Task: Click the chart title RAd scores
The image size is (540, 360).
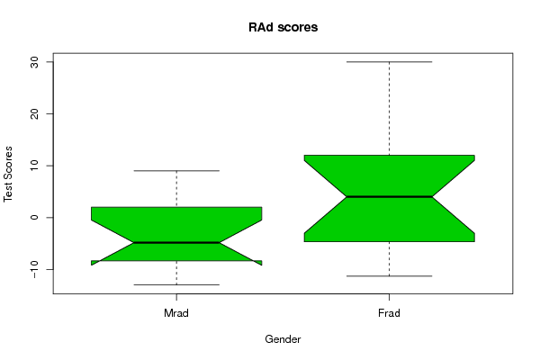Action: point(283,27)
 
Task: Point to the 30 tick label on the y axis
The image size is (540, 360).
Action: point(34,62)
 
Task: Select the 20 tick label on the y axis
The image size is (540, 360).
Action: point(34,114)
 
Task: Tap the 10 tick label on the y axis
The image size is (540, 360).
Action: point(34,166)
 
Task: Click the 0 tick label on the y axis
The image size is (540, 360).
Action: point(34,218)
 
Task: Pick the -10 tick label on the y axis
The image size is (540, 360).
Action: point(34,269)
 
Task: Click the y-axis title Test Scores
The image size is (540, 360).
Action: point(8,174)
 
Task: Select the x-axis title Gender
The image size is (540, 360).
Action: point(283,339)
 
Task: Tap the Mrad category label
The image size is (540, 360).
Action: point(176,313)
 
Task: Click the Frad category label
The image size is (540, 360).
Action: point(389,313)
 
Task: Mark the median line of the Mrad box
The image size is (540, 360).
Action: point(176,242)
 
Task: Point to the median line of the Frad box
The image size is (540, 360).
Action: point(389,197)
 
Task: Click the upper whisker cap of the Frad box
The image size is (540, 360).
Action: point(389,62)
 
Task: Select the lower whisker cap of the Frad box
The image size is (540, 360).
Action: point(389,276)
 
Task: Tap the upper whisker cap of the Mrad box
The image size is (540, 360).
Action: point(176,170)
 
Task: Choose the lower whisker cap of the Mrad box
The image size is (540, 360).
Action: point(176,285)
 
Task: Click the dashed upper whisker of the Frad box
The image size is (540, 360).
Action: point(390,109)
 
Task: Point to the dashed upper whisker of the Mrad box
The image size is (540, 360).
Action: point(176,189)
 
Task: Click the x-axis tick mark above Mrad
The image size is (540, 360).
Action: point(176,297)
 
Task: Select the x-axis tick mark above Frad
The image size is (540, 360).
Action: point(390,297)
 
